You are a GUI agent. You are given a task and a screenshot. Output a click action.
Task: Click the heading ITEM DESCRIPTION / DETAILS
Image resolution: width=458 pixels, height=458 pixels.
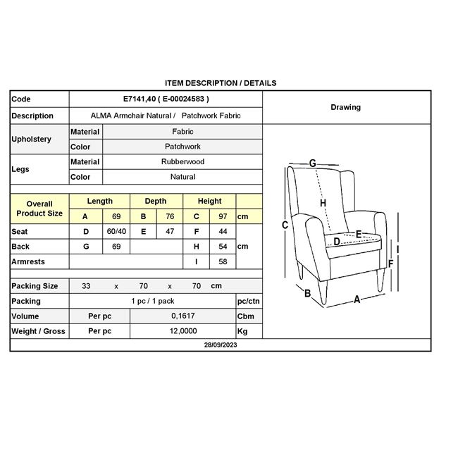[x=220, y=83]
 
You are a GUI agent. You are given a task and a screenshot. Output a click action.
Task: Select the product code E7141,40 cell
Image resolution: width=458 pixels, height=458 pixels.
[x=166, y=99]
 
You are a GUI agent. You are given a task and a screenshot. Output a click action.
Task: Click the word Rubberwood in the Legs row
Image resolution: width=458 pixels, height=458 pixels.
[x=182, y=161]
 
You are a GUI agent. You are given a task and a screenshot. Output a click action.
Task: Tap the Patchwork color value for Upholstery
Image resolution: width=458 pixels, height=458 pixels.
[x=182, y=147]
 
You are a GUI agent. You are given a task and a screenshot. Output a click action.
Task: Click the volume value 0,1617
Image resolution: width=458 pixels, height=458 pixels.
[x=182, y=316]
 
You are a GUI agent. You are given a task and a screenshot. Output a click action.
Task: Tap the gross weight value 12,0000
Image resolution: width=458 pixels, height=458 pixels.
[x=182, y=331]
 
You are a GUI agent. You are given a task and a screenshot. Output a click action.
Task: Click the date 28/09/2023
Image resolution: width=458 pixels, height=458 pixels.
[x=220, y=346]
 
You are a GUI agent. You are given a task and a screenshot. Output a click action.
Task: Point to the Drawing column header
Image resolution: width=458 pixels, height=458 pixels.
[x=345, y=107]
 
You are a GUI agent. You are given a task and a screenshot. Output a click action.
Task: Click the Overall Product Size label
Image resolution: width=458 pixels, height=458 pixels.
[x=39, y=209]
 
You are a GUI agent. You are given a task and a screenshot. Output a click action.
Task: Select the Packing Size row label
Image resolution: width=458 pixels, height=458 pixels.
[x=35, y=286]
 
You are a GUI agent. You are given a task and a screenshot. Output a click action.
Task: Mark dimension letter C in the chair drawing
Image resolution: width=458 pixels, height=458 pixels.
[x=285, y=225]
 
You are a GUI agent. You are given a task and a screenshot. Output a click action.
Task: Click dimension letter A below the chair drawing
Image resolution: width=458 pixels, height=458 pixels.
[x=357, y=299]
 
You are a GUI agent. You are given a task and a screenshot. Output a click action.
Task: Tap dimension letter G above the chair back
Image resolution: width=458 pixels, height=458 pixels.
[x=312, y=163]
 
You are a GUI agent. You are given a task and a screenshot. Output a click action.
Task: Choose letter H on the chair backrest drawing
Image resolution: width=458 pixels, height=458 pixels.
[x=323, y=203]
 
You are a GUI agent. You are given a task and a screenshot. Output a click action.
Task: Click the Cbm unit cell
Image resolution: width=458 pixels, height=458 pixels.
[x=245, y=316]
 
